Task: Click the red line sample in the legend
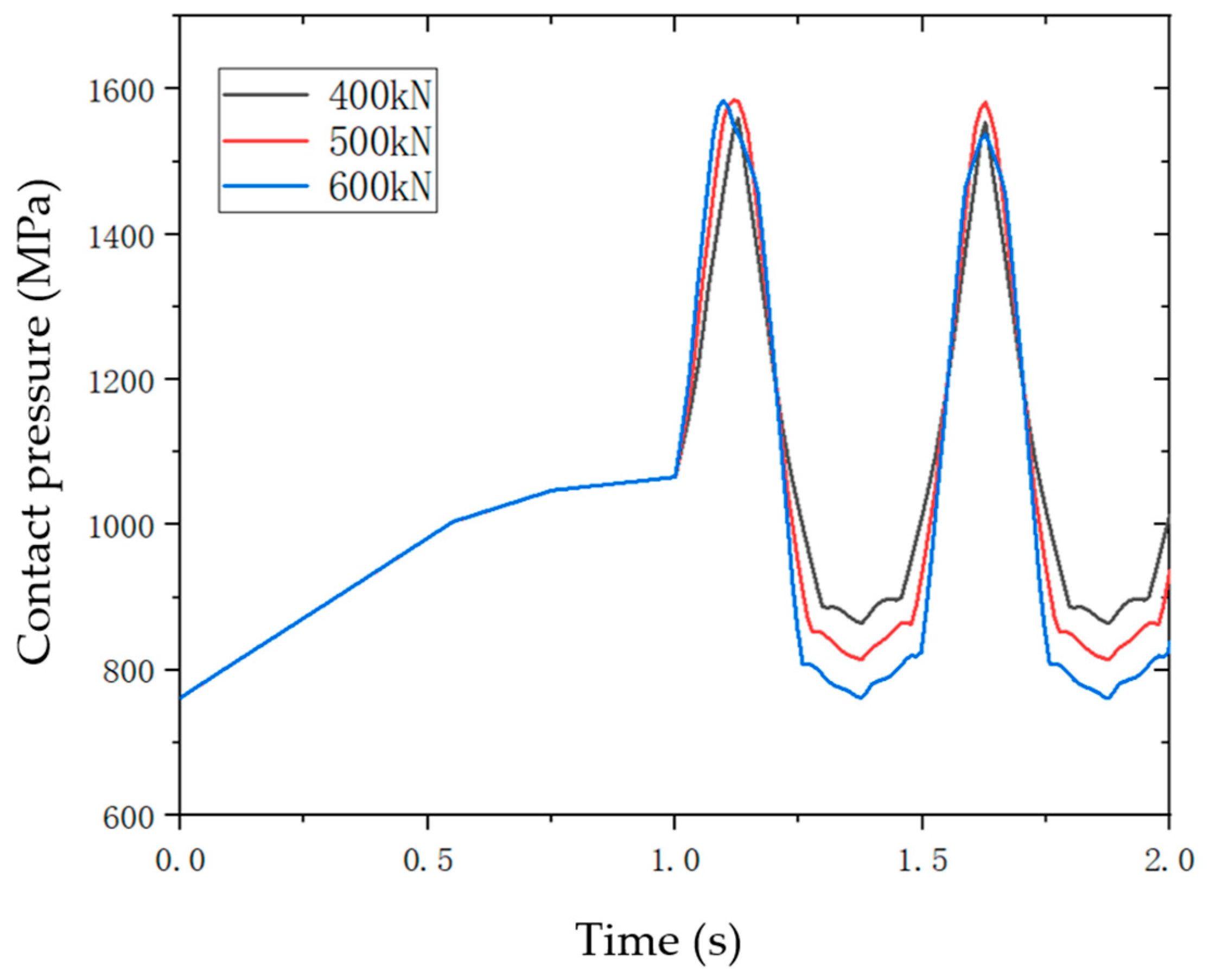point(265,141)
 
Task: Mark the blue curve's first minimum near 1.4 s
point(860,698)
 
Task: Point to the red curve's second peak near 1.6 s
point(984,103)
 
